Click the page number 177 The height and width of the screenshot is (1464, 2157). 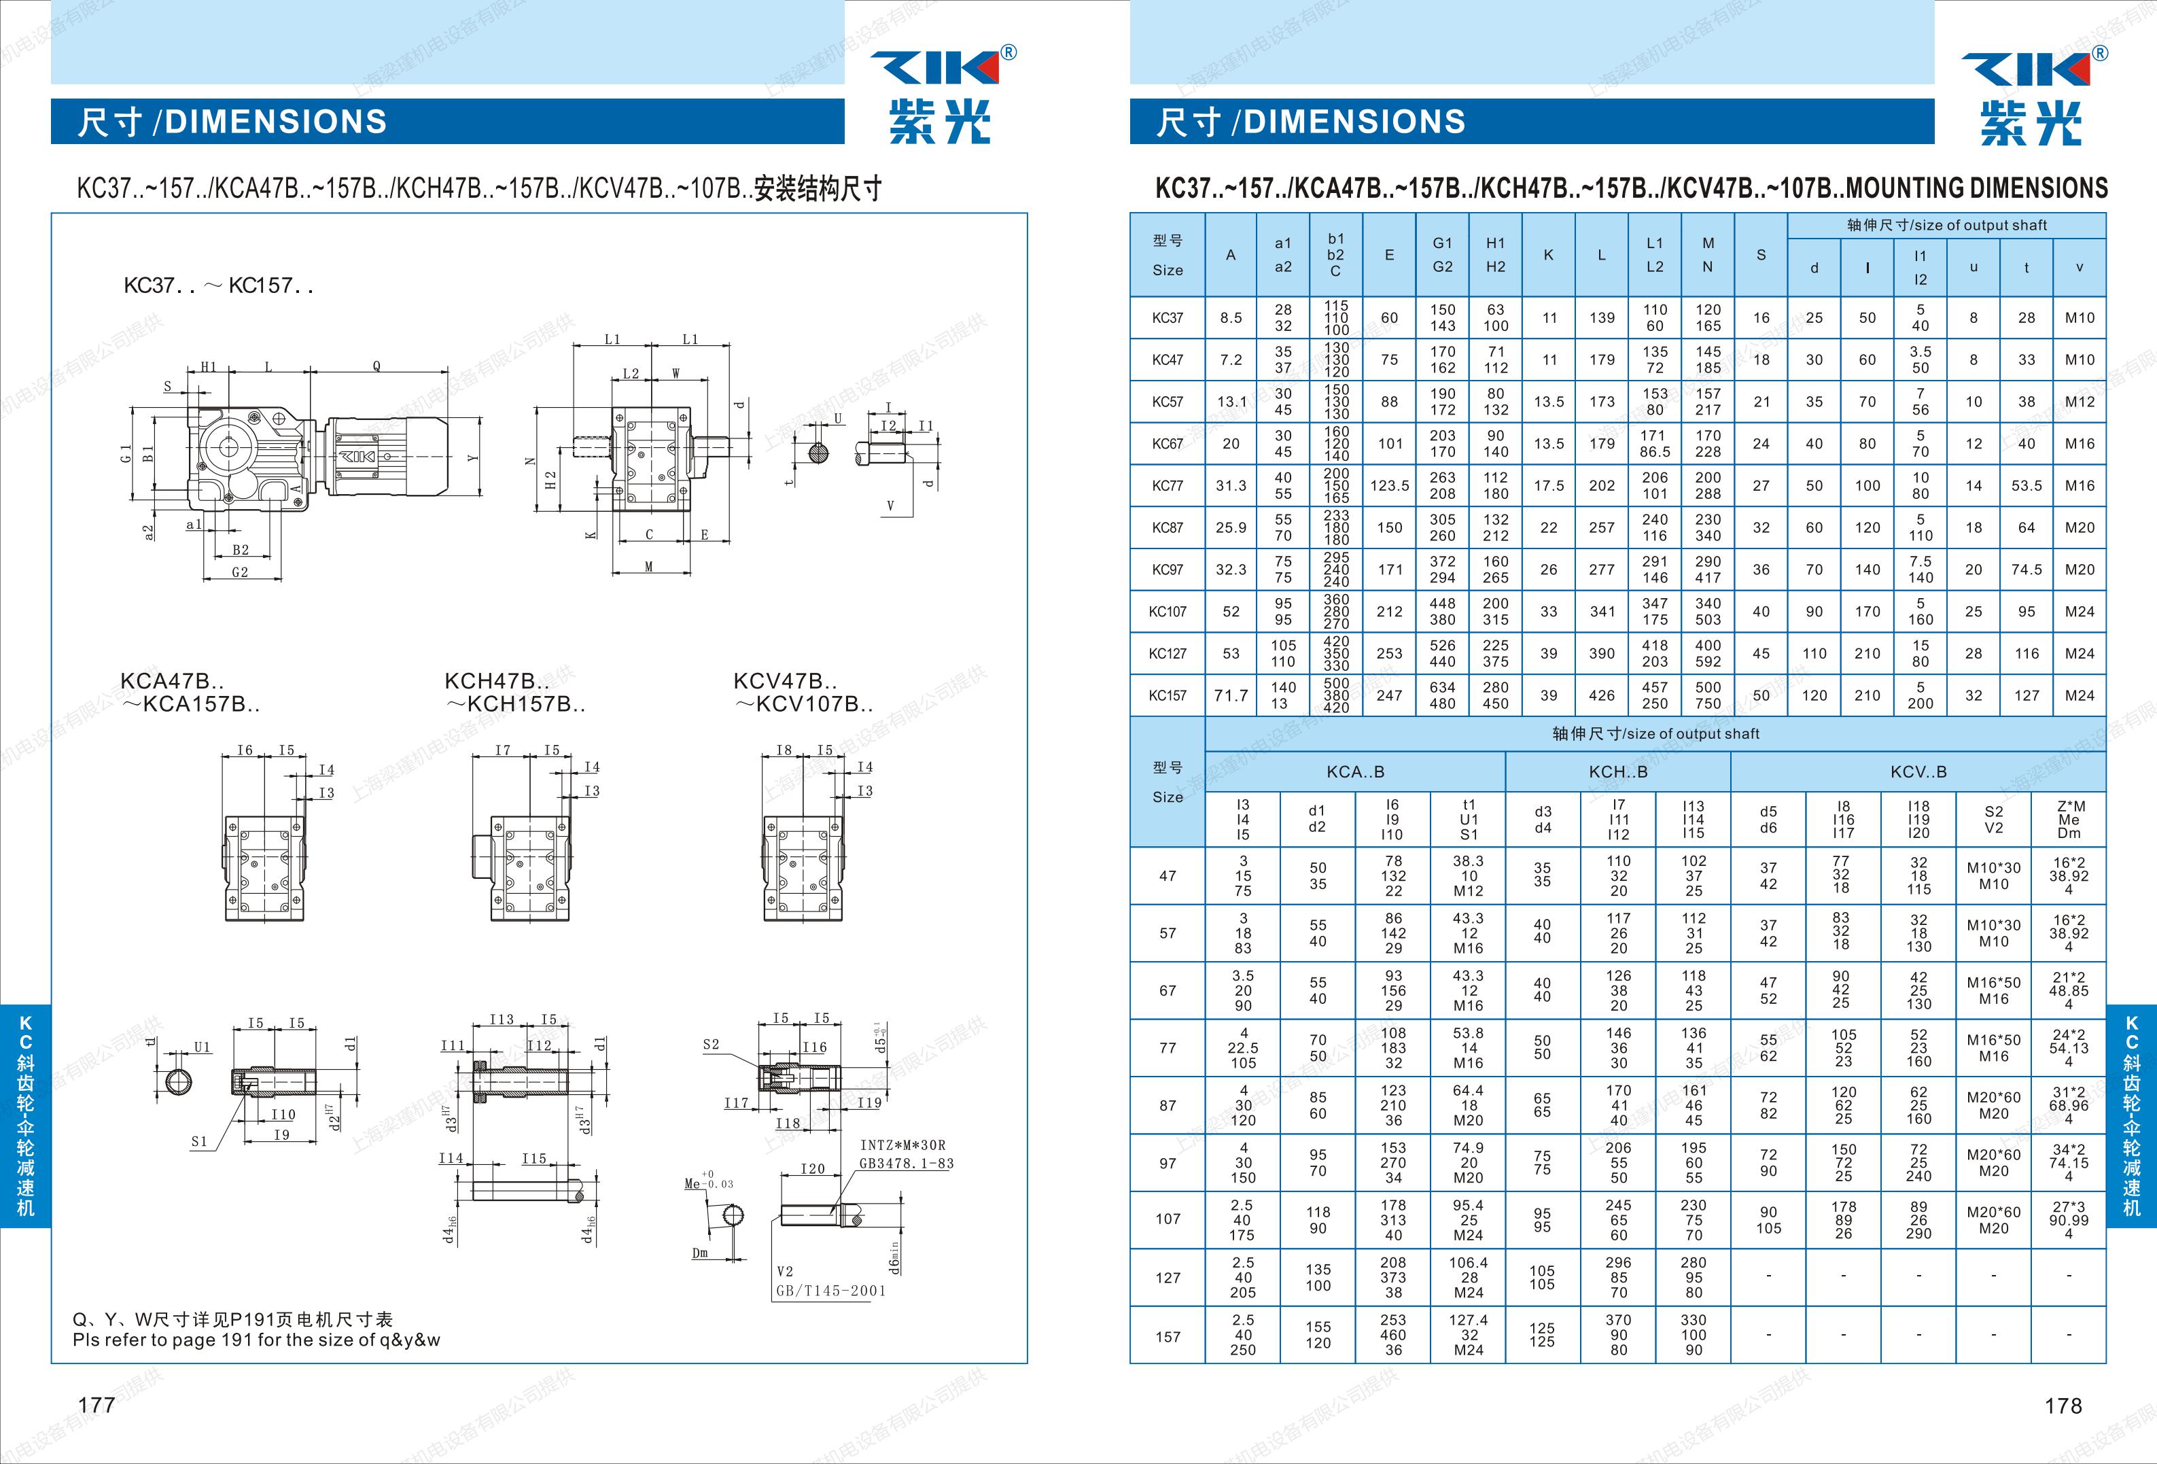[97, 1405]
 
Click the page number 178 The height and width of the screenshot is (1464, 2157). [2063, 1406]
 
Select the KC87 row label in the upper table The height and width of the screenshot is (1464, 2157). [1167, 527]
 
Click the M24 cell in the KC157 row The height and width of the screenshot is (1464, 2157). [2079, 695]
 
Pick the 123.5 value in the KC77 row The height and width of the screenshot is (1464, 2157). [1390, 485]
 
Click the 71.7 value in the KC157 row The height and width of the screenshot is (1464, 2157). [1231, 695]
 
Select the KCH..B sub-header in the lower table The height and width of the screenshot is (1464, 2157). [1617, 771]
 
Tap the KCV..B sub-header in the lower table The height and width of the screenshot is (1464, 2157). [1918, 771]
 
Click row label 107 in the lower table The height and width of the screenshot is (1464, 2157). [1168, 1219]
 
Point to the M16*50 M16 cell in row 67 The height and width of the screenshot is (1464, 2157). [1993, 990]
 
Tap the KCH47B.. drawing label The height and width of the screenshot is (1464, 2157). [497, 680]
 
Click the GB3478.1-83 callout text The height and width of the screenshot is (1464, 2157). [906, 1163]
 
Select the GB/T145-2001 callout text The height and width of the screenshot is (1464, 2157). [830, 1291]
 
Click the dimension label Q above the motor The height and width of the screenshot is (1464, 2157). [376, 366]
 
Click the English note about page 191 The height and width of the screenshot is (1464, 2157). [256, 1340]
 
